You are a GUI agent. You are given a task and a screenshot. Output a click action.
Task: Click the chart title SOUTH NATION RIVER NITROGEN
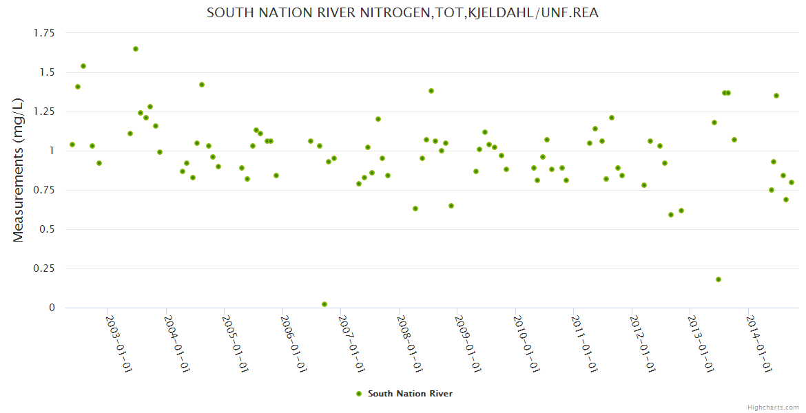pos(402,12)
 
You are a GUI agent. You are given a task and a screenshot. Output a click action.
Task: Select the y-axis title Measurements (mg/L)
pos(19,170)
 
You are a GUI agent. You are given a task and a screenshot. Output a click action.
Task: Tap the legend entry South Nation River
pos(410,394)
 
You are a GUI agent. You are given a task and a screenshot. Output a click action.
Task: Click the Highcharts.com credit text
pos(773,407)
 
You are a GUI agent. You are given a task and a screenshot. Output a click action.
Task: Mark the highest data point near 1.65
pos(136,49)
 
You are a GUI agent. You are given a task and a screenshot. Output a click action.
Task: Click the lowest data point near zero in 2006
pos(324,304)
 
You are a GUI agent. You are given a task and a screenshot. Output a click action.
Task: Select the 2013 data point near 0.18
pos(719,279)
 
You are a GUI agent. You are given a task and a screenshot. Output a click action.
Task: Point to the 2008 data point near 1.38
pos(431,91)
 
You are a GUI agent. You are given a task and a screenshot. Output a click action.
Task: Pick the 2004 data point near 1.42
pos(202,85)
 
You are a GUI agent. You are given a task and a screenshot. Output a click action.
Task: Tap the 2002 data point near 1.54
pos(83,66)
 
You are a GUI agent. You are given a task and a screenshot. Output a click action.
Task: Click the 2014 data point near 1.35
pos(776,96)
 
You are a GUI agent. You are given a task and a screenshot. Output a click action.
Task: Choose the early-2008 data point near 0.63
pos(415,209)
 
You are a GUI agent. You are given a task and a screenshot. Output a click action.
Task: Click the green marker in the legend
pos(358,394)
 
